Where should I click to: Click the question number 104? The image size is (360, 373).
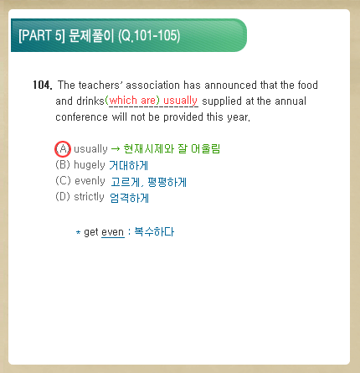(43, 85)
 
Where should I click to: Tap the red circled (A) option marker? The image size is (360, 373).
(63, 149)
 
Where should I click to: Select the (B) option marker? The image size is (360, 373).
(63, 165)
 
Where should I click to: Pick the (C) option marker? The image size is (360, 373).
(63, 181)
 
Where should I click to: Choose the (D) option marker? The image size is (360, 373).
(63, 197)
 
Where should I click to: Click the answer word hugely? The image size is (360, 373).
(90, 165)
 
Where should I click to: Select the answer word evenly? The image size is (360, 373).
(90, 181)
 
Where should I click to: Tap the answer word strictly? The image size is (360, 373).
(89, 197)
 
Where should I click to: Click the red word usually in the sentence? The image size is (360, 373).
(180, 101)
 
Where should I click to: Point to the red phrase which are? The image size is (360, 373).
(134, 100)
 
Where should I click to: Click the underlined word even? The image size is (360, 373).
(113, 232)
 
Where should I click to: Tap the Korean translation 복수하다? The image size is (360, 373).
(154, 232)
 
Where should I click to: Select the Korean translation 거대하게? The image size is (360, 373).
(128, 165)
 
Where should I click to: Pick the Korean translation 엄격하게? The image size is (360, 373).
(130, 198)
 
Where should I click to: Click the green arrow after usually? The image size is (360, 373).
(116, 149)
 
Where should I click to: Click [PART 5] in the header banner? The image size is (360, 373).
(42, 35)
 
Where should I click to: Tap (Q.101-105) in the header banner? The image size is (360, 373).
(149, 36)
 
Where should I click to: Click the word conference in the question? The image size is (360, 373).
(81, 117)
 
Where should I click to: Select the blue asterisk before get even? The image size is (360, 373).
(79, 232)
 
